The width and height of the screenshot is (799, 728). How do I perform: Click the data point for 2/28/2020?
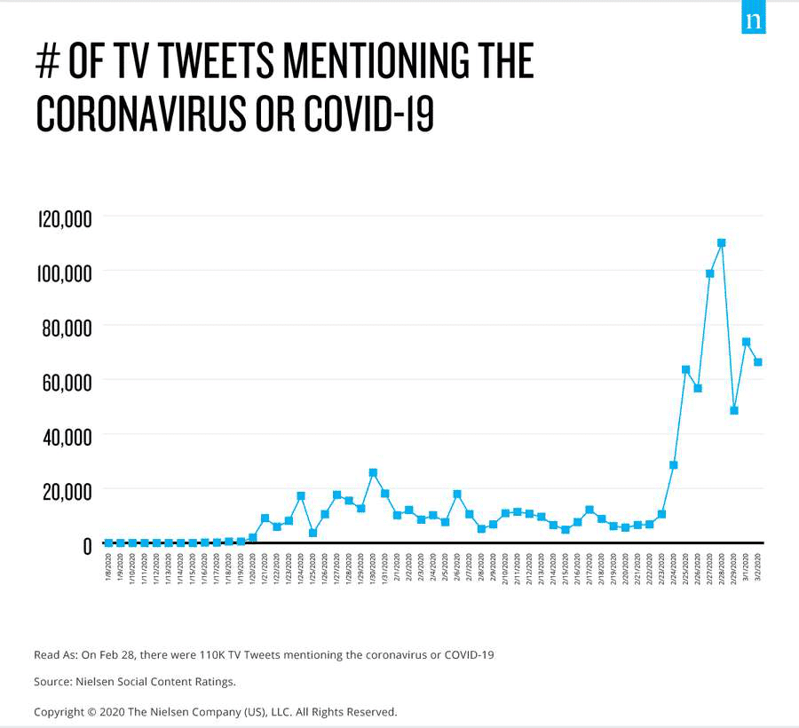[x=722, y=242]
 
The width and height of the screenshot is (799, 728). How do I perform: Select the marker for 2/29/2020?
[x=734, y=410]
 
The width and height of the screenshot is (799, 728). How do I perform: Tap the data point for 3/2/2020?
[x=758, y=361]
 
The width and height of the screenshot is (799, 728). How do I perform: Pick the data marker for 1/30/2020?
[x=373, y=472]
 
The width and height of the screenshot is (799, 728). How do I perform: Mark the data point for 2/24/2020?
[x=674, y=464]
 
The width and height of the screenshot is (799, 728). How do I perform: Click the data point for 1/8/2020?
[x=108, y=542]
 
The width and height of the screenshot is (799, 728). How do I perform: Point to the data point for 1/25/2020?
[x=312, y=533]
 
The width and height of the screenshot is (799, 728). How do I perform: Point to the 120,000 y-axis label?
[x=65, y=218]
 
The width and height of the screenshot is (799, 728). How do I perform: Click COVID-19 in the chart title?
[x=369, y=113]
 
